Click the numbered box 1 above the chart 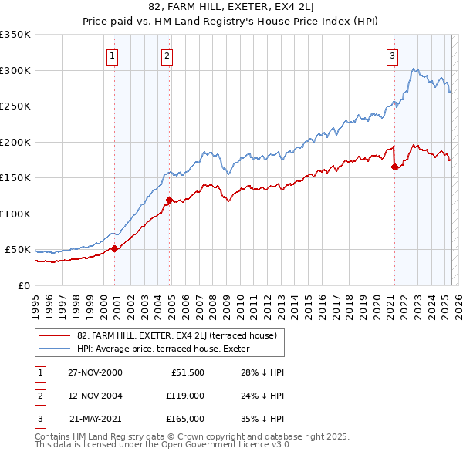113,55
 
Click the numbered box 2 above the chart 167,55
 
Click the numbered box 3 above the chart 392,55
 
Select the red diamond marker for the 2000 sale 115,248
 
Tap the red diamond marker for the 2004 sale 169,201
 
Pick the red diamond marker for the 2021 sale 395,167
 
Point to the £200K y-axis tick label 15,142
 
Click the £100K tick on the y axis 15,214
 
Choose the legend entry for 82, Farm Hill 181,335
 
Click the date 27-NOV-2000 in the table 95,372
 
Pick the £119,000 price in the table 185,396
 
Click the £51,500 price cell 188,372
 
